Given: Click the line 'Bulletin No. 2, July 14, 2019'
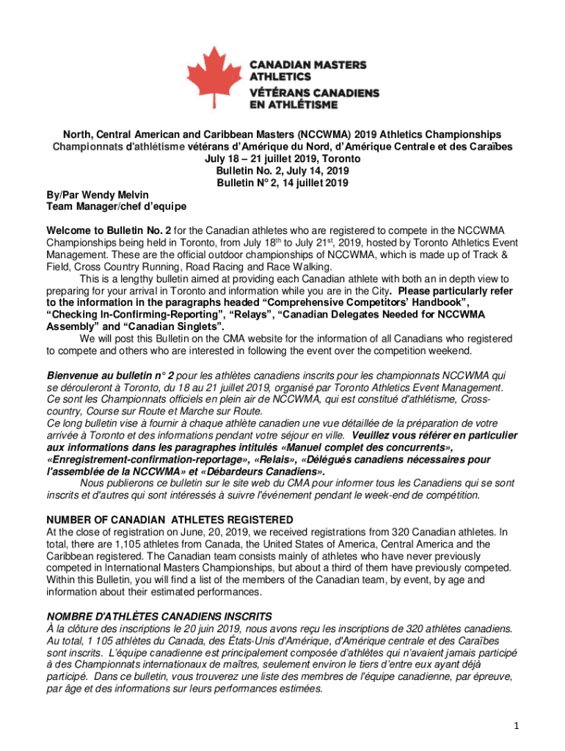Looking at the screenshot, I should [282, 170].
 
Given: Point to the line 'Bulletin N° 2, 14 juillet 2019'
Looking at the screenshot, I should [282, 182].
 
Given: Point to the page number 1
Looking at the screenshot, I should [517, 726].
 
